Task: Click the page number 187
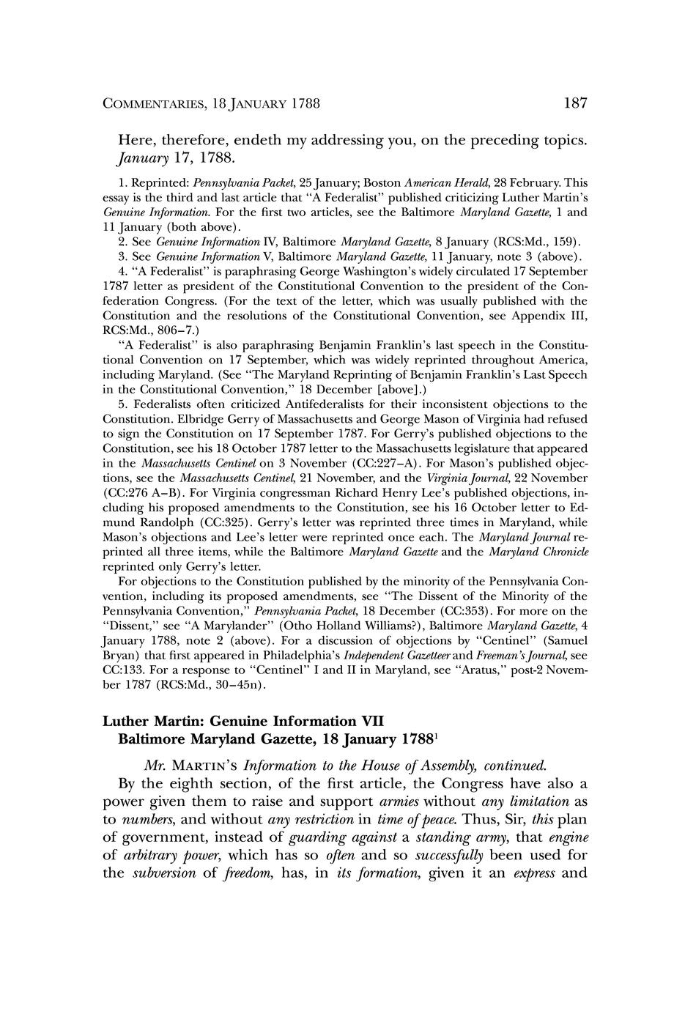575,103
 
